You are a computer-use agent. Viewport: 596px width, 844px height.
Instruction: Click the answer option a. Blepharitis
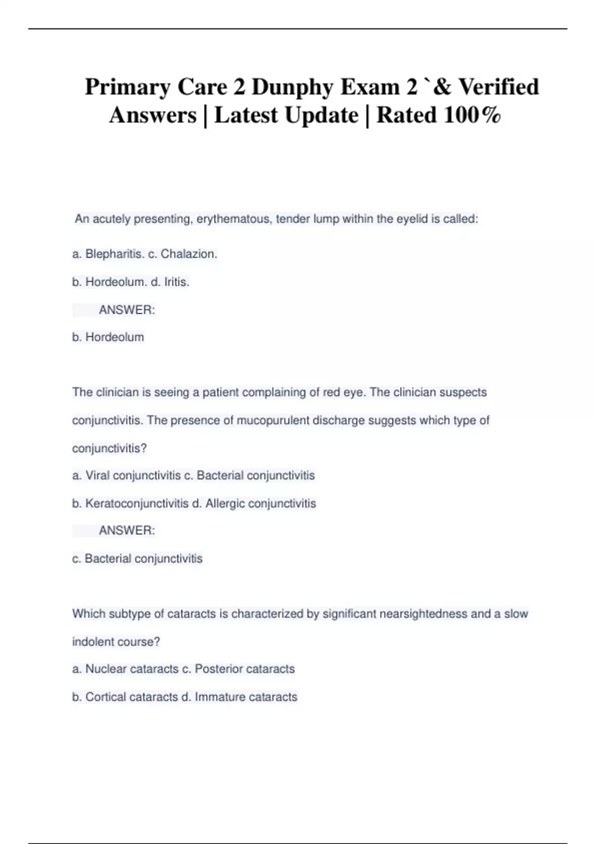click(x=108, y=254)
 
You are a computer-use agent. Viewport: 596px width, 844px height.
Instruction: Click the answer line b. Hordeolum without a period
click(x=108, y=337)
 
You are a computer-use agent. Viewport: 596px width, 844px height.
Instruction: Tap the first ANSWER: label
click(x=127, y=310)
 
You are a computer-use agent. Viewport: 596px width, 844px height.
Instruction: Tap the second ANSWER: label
click(x=127, y=531)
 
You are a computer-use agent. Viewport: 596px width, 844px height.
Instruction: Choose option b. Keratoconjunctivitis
click(x=130, y=503)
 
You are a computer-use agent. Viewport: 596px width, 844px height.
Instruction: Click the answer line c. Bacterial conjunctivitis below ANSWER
click(x=137, y=559)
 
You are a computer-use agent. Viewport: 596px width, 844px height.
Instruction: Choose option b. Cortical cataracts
click(x=125, y=697)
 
